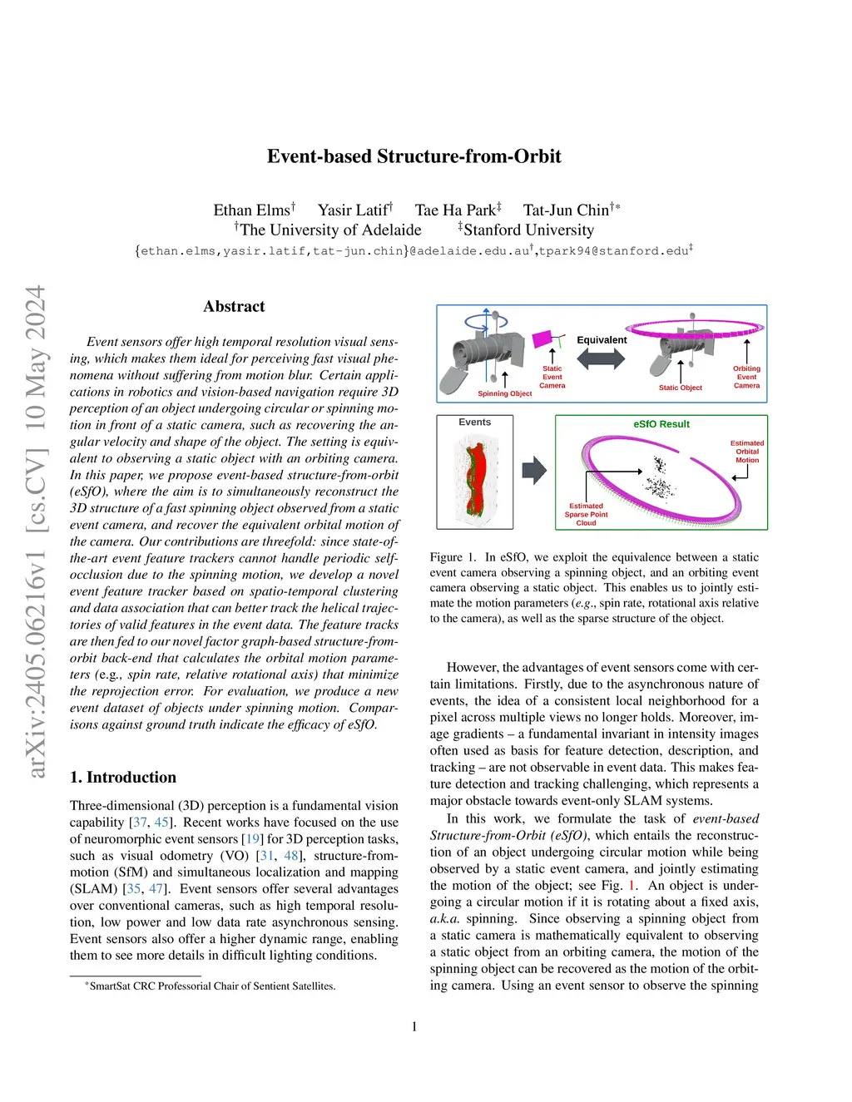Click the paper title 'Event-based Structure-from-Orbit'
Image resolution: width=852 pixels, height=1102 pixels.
pyautogui.click(x=414, y=156)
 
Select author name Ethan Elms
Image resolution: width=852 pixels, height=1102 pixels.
pyautogui.click(x=251, y=210)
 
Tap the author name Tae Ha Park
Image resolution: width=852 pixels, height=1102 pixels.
pyautogui.click(x=455, y=210)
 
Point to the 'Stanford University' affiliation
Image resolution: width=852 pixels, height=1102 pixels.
pyautogui.click(x=528, y=230)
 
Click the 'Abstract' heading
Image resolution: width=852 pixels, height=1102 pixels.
pyautogui.click(x=234, y=307)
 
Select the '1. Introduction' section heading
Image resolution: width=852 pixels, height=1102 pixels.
pyautogui.click(x=123, y=778)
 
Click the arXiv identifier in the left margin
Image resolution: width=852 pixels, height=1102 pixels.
pyautogui.click(x=35, y=532)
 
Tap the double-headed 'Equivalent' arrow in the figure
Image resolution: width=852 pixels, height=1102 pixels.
pyautogui.click(x=601, y=358)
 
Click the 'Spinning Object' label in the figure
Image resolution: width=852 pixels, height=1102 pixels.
pyautogui.click(x=504, y=393)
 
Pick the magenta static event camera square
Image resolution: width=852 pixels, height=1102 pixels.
pyautogui.click(x=542, y=339)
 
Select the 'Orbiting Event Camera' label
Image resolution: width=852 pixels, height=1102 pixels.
pyautogui.click(x=746, y=377)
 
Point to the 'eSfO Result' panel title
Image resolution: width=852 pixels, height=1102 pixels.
pyautogui.click(x=661, y=424)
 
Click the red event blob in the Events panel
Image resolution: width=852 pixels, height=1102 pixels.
pyautogui.click(x=475, y=478)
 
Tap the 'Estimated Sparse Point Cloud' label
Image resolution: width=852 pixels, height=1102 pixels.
pyautogui.click(x=586, y=514)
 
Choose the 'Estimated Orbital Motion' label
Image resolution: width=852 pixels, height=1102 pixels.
pyautogui.click(x=746, y=452)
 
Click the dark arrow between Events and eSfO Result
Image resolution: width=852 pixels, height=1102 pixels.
pyautogui.click(x=533, y=471)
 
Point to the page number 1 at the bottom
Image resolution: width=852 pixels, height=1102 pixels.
pyautogui.click(x=414, y=1027)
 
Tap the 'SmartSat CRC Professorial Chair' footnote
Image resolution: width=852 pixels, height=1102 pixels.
pyautogui.click(x=211, y=986)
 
